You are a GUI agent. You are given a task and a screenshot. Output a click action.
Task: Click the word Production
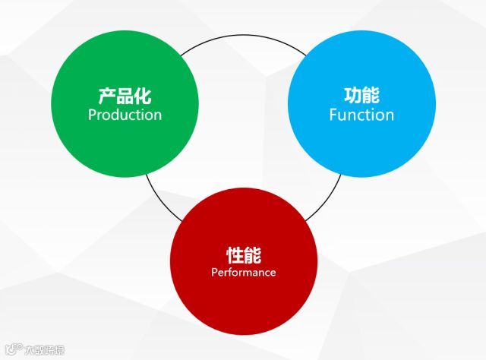[125, 115]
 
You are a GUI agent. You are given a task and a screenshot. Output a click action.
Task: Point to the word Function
[361, 115]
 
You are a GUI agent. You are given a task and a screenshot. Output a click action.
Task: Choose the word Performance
[243, 272]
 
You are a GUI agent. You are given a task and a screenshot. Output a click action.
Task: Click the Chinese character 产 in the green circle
[107, 96]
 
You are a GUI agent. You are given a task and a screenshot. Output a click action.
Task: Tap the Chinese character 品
[125, 96]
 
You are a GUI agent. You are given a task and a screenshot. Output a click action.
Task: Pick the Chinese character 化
[143, 96]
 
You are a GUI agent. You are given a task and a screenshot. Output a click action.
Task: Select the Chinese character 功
[352, 96]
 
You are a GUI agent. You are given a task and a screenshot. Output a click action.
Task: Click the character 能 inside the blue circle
[371, 96]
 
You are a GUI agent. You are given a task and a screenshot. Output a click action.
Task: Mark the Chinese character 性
[234, 254]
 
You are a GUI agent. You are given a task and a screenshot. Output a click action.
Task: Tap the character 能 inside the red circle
[252, 254]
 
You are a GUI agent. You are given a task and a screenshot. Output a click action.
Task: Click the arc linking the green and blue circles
[243, 36]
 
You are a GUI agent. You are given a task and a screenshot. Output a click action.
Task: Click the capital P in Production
[92, 115]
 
